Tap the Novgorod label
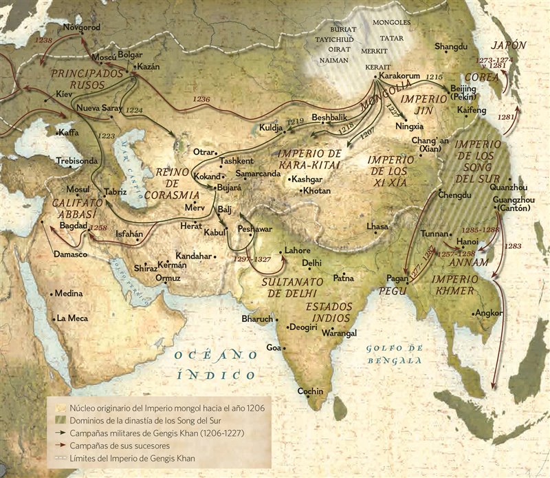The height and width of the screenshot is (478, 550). point(82,28)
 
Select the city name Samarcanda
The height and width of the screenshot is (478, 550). point(258,174)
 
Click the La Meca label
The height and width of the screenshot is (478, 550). point(73,318)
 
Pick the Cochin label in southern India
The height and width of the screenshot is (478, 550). point(310,391)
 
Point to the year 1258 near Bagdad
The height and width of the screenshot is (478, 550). point(98,226)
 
